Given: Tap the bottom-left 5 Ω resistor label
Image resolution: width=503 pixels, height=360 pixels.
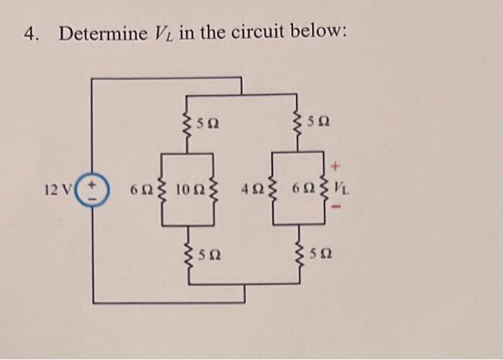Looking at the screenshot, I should pyautogui.click(x=208, y=254).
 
